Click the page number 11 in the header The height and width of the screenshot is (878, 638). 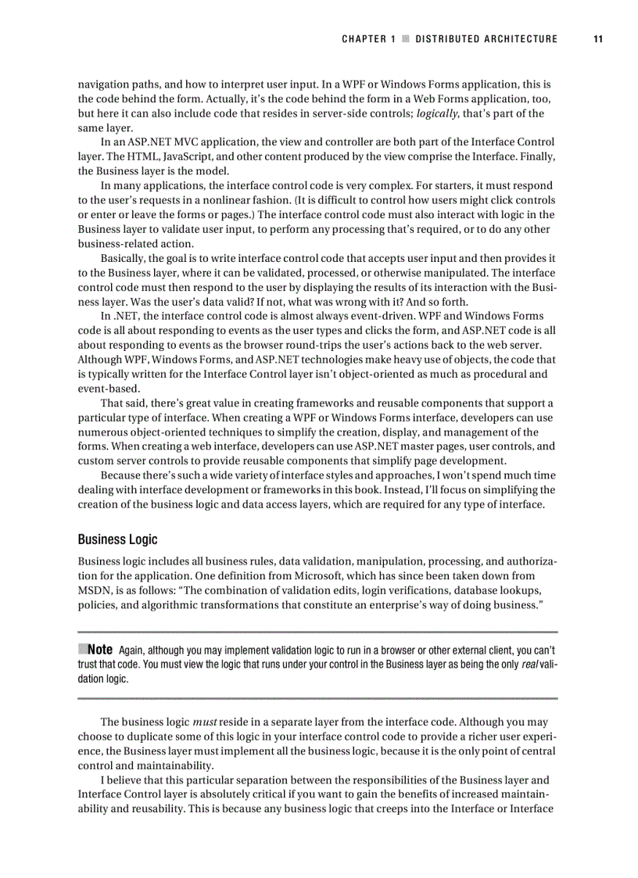(598, 38)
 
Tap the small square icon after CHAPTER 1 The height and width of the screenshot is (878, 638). (405, 38)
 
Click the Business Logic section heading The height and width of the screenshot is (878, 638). (117, 539)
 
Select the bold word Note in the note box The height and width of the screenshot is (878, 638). (101, 650)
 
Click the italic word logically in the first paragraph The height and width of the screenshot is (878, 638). (436, 113)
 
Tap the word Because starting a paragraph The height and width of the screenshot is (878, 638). (124, 475)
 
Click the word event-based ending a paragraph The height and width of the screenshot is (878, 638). (109, 388)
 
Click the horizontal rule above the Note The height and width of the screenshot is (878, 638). (317, 632)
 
